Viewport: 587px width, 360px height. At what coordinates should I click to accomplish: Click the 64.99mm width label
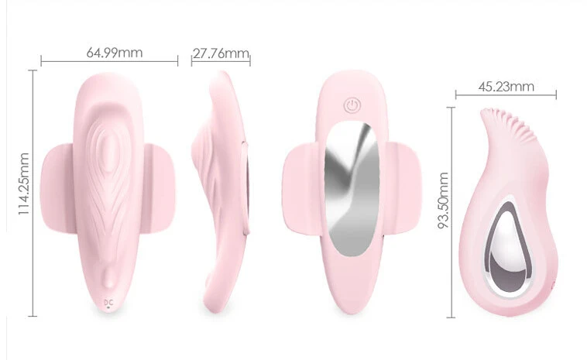coord(115,53)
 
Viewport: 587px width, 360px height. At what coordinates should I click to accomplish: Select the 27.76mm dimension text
coord(221,53)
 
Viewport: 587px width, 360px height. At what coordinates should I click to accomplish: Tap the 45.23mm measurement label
coord(506,87)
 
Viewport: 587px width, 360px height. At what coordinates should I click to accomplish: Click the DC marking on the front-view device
coord(108,302)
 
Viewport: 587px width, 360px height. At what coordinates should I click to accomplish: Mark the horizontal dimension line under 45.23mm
coord(506,96)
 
